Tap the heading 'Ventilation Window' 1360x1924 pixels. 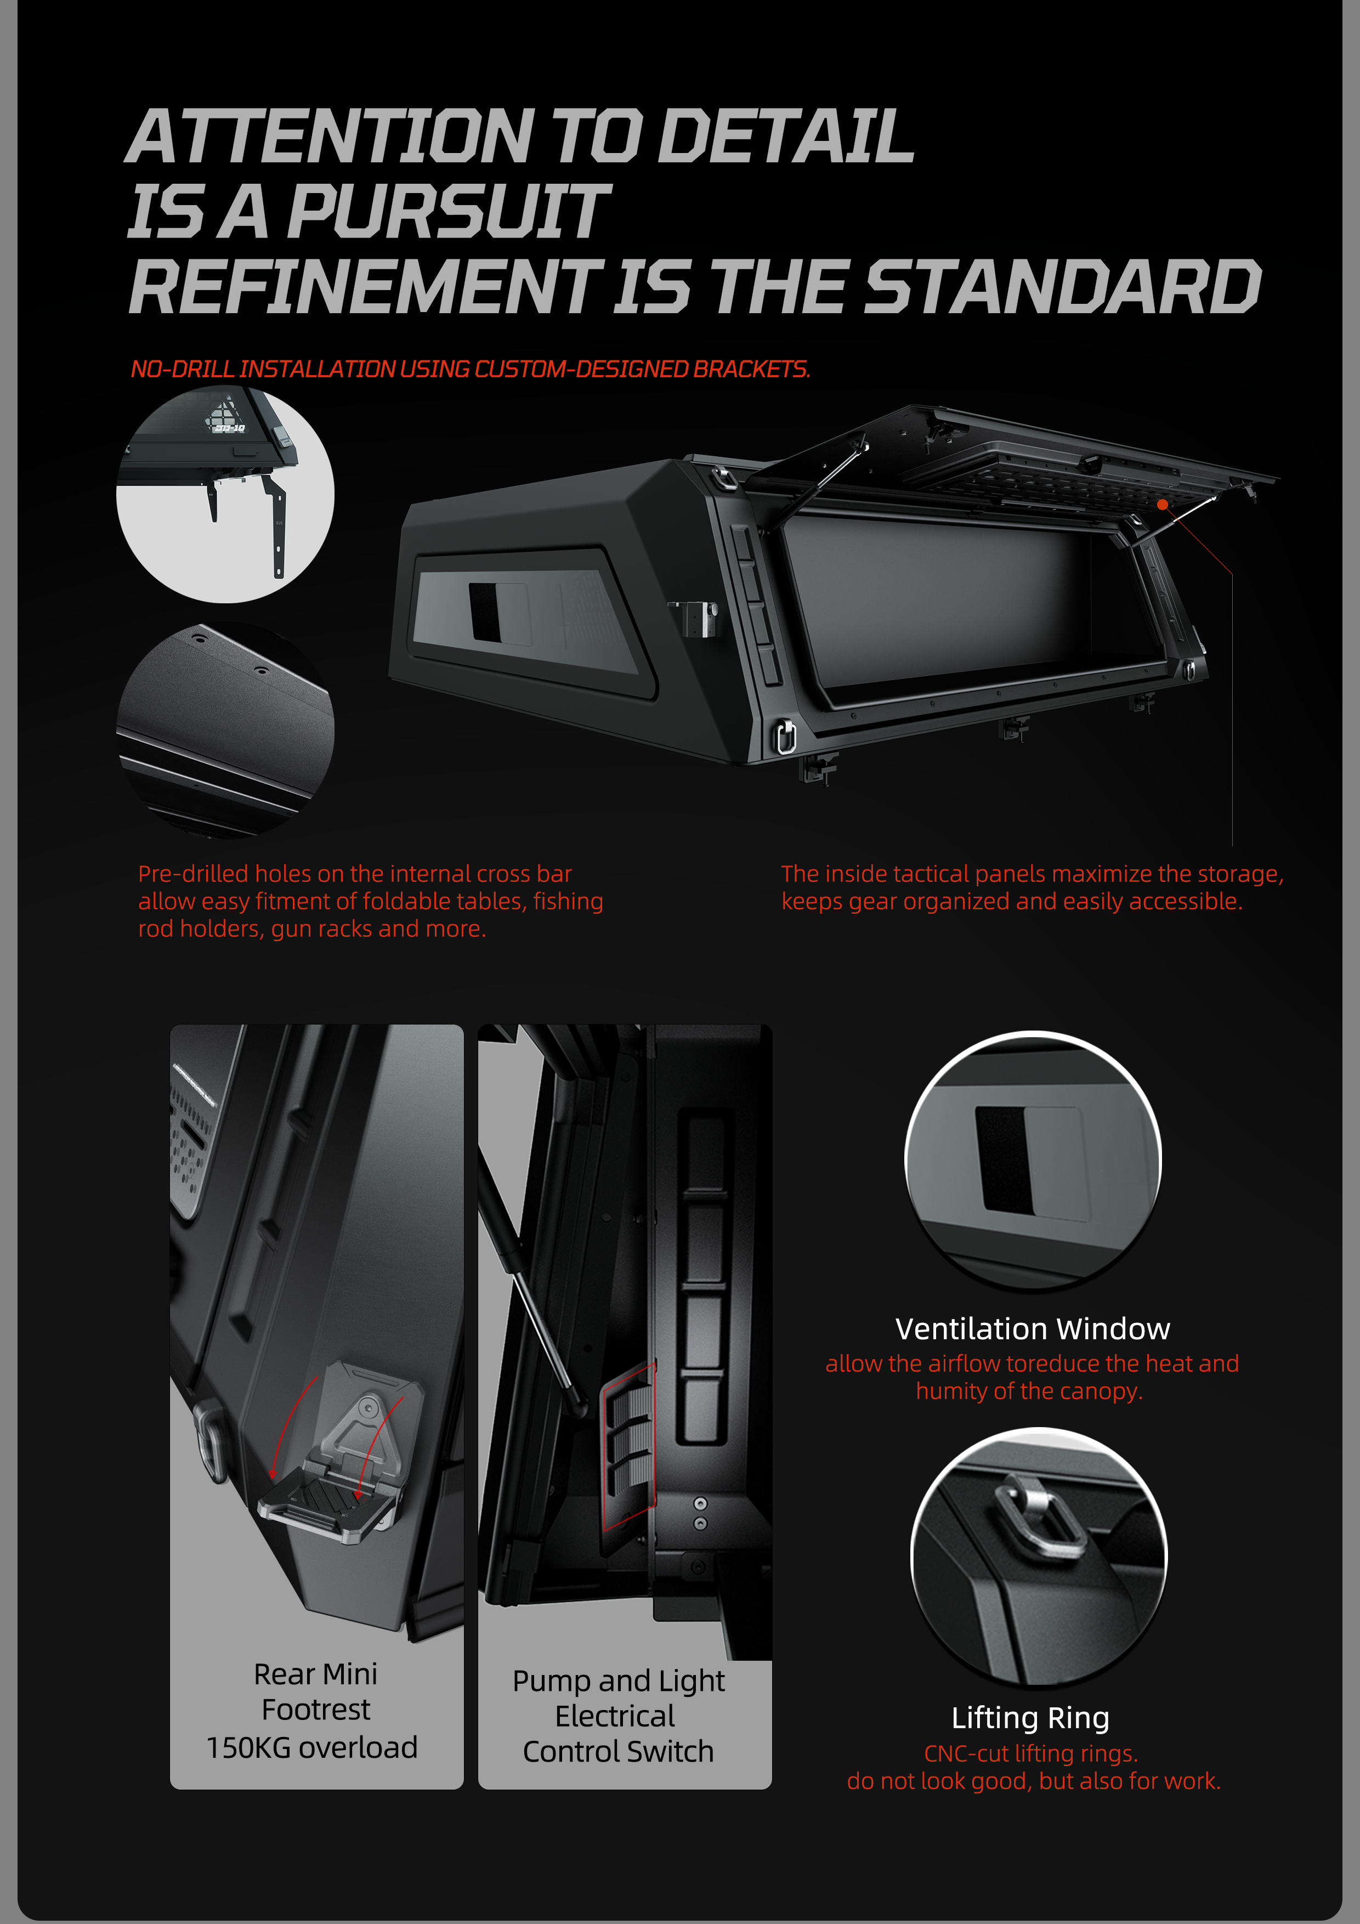tap(1033, 1328)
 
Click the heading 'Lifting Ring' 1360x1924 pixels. tap(1030, 1717)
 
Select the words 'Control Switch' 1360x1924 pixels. tap(619, 1751)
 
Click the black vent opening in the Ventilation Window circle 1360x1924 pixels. tap(1003, 1159)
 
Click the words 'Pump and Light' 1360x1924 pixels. tap(619, 1681)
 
